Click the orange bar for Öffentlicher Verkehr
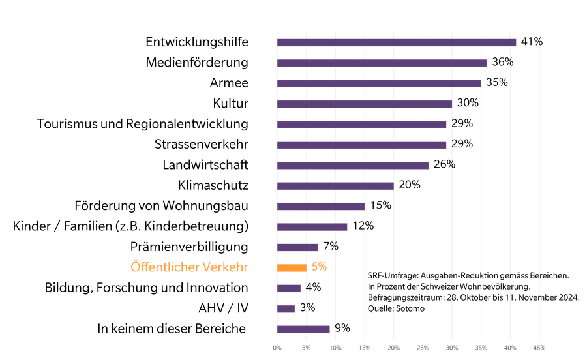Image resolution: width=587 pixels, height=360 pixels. (x=292, y=267)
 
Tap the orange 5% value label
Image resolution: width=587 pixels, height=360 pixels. (x=319, y=267)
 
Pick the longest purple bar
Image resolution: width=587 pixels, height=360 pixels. (x=397, y=43)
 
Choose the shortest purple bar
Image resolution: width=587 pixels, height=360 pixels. (x=286, y=308)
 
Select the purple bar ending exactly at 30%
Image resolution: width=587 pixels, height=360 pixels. (x=364, y=104)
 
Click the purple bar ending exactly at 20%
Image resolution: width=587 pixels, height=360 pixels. (x=335, y=186)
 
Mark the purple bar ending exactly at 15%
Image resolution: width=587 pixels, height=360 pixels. (x=321, y=207)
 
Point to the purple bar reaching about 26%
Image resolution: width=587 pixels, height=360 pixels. (x=353, y=166)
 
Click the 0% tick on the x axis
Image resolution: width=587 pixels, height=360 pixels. (x=277, y=348)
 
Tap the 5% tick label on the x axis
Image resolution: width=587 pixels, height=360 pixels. (x=306, y=348)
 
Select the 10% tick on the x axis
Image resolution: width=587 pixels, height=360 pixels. (x=335, y=348)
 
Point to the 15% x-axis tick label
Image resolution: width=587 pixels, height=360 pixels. (x=365, y=348)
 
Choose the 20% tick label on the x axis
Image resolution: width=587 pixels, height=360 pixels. (x=393, y=348)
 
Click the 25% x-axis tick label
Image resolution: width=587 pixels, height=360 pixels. (x=423, y=348)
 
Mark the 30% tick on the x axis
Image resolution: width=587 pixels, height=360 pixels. (x=452, y=348)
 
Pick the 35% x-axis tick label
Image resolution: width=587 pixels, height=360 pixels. (x=481, y=348)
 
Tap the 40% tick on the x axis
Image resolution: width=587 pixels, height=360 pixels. (x=510, y=348)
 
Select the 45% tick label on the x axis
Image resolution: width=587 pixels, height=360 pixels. (x=539, y=348)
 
